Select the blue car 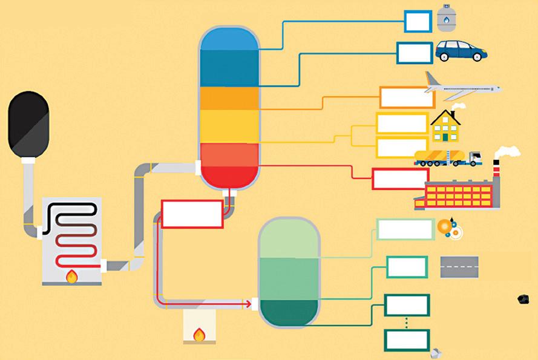tap(461, 51)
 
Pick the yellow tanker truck tap(447, 158)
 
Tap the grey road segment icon tap(459, 267)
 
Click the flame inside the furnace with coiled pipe tap(72, 277)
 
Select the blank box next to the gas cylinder tap(418, 21)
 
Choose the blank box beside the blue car tap(415, 53)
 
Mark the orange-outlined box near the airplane tap(407, 97)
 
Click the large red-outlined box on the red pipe tap(192, 214)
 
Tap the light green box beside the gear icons tap(405, 229)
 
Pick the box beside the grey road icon tap(407, 267)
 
